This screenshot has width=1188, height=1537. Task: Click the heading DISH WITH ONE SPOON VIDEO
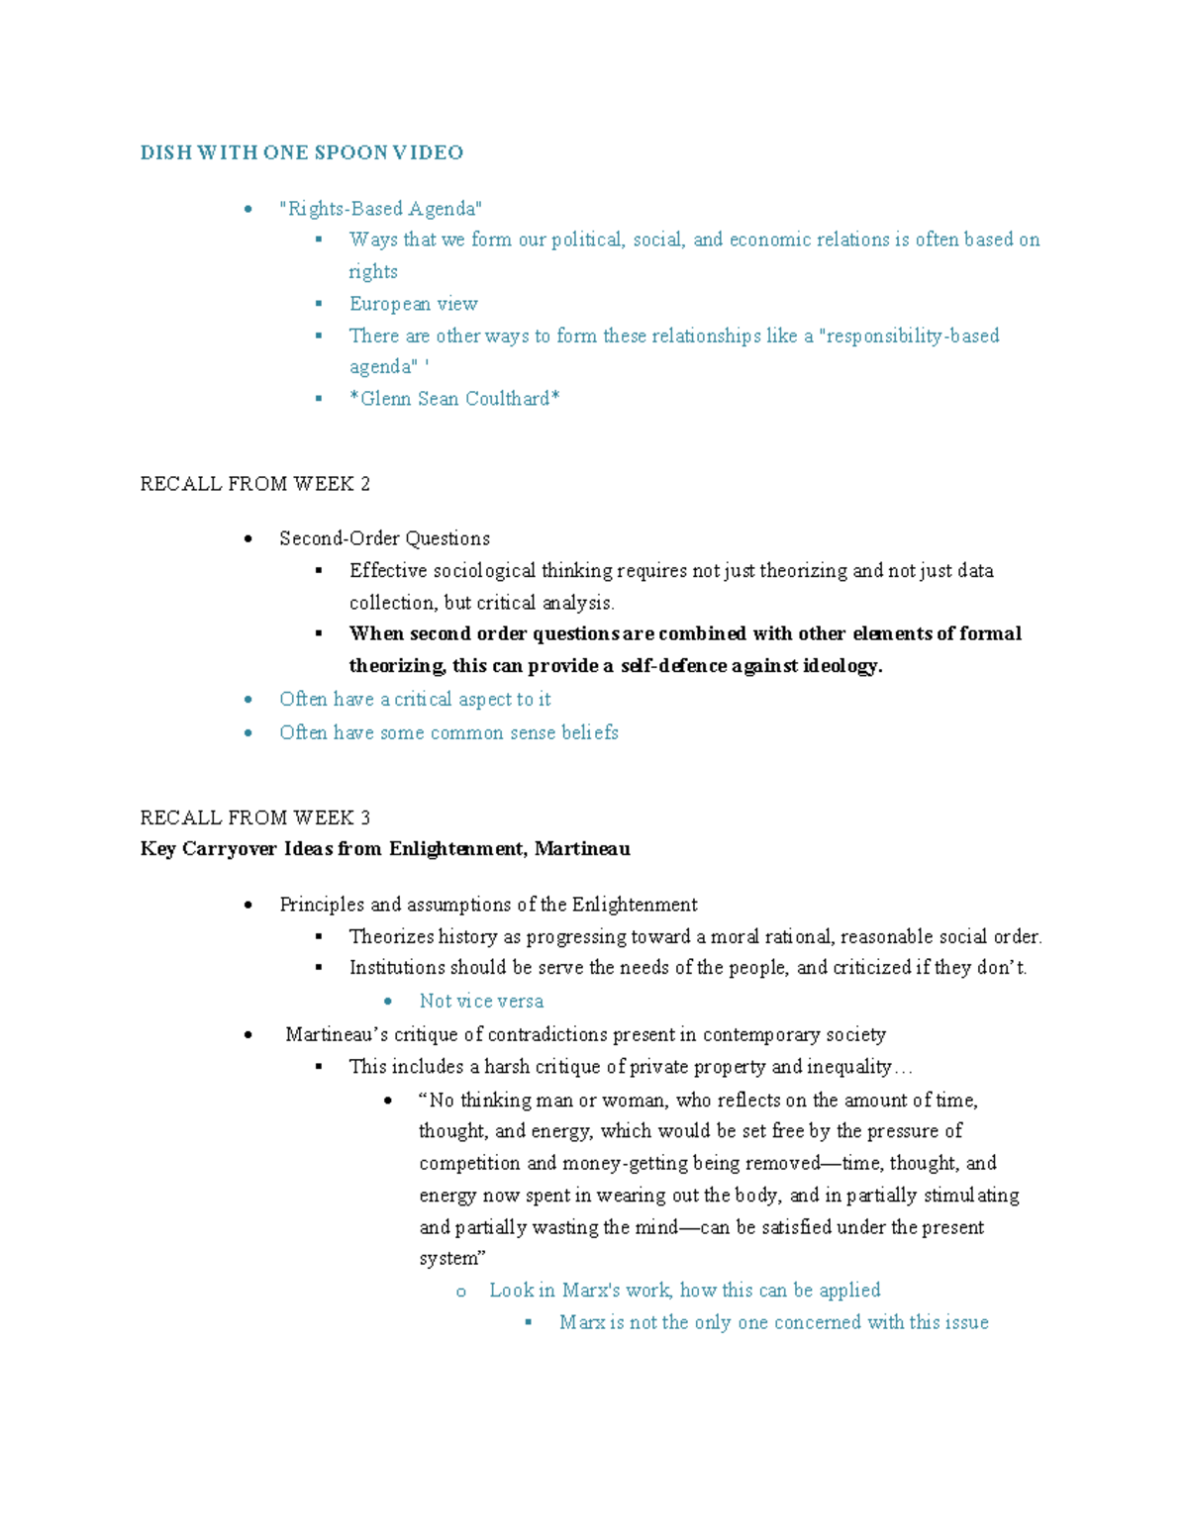[302, 152]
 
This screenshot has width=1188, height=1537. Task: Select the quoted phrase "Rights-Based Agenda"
[381, 208]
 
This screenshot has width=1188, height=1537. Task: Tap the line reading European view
[413, 304]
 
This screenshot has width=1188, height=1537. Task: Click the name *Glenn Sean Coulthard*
[454, 399]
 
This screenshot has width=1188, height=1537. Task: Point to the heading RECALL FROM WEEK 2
[255, 484]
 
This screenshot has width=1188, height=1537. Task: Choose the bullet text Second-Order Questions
[384, 538]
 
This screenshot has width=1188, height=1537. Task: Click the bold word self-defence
[673, 666]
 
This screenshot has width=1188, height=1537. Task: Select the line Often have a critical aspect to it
[415, 700]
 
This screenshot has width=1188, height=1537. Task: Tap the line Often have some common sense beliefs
[448, 732]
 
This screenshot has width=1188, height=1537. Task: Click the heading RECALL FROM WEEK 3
[255, 817]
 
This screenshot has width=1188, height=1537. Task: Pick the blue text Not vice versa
[481, 1002]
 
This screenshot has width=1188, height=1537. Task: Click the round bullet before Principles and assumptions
[248, 906]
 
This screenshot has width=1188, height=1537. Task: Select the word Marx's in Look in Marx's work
[591, 1291]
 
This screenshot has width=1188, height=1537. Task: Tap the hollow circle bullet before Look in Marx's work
[460, 1292]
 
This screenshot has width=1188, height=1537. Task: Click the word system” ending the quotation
[452, 1259]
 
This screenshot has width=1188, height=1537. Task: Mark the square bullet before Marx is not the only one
[529, 1322]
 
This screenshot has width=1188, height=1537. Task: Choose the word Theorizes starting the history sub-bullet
[391, 936]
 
